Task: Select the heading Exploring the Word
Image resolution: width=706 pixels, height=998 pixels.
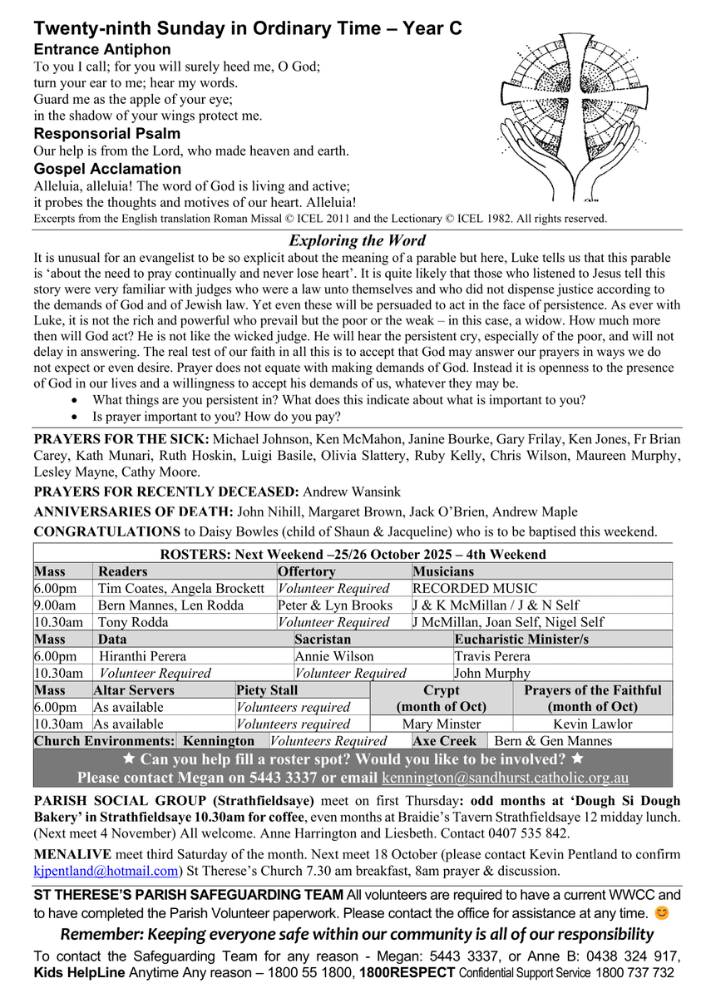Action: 357,241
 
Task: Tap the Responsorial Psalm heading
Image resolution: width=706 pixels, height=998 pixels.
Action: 106,134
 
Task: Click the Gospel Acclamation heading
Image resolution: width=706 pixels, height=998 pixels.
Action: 107,170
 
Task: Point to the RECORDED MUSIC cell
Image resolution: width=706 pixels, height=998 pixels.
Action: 475,589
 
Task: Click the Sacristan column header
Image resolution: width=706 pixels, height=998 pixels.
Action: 323,640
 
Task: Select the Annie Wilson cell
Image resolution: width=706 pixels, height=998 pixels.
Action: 334,656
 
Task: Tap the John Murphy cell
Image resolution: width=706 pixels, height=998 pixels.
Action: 492,674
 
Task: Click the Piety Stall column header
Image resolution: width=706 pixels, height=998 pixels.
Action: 267,690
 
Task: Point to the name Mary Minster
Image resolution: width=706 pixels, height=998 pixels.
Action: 442,724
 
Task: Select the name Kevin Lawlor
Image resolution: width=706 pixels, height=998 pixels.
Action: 593,724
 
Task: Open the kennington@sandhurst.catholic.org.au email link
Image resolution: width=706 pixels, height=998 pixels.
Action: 505,778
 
